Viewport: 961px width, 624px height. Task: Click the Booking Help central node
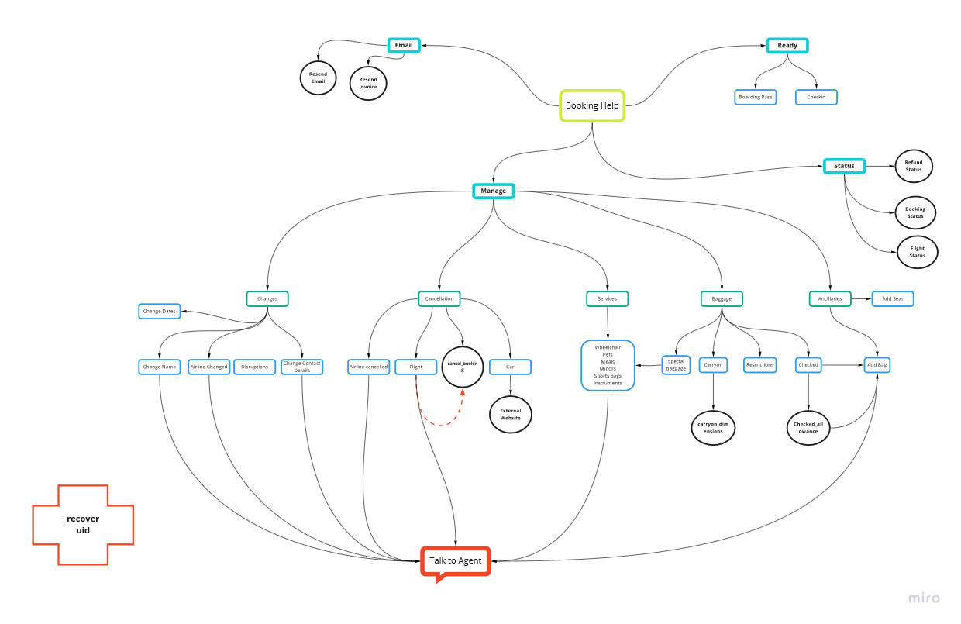pos(592,105)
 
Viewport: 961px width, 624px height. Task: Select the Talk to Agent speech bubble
pos(456,560)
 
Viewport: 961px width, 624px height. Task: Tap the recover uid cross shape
pos(83,524)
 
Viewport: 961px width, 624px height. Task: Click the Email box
pos(404,45)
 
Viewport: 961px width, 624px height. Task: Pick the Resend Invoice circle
pos(368,83)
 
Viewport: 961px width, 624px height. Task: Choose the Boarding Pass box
pos(755,97)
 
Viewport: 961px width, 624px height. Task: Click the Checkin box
pos(816,97)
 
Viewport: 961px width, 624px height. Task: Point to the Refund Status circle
pos(914,166)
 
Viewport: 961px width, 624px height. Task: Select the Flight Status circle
pos(917,252)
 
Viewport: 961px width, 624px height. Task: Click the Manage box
pos(493,191)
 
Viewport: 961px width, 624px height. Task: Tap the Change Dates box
pos(160,311)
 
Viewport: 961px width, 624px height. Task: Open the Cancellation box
pos(439,298)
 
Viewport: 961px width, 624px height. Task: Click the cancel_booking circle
pos(463,367)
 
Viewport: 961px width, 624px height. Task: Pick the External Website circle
pos(511,414)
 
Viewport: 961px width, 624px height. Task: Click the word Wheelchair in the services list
pos(608,347)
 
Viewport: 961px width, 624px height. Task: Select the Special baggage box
pos(676,364)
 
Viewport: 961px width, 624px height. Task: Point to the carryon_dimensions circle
pos(712,427)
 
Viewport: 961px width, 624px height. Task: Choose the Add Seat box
pos(893,298)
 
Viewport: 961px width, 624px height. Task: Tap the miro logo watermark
pos(924,598)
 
